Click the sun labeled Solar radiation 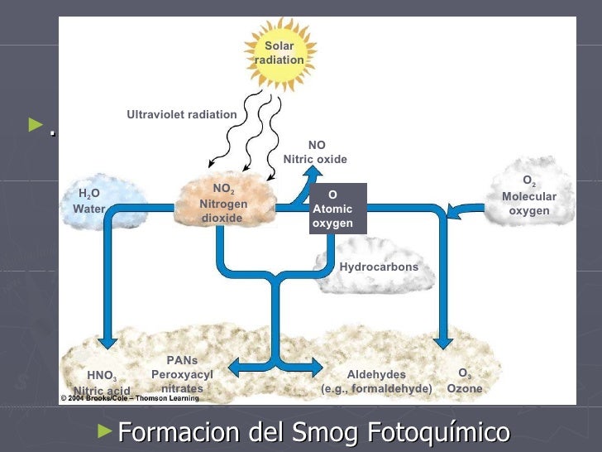pyautogui.click(x=279, y=53)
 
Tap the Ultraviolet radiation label pyautogui.click(x=181, y=114)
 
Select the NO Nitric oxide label pyautogui.click(x=316, y=152)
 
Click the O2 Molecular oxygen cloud pyautogui.click(x=529, y=195)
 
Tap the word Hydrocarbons pyautogui.click(x=379, y=267)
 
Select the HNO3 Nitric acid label pyautogui.click(x=102, y=382)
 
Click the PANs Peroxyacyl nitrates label pyautogui.click(x=182, y=374)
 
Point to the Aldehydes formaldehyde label pyautogui.click(x=376, y=382)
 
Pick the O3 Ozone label pyautogui.click(x=465, y=382)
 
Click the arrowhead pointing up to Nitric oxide pyautogui.click(x=314, y=172)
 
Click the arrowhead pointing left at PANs pyautogui.click(x=235, y=365)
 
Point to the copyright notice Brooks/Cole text pyautogui.click(x=130, y=398)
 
